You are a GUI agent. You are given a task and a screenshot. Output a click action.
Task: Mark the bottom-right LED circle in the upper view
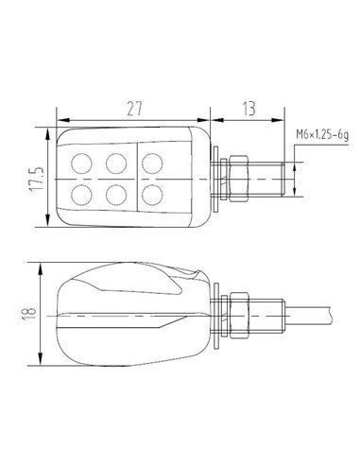[152, 195]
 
